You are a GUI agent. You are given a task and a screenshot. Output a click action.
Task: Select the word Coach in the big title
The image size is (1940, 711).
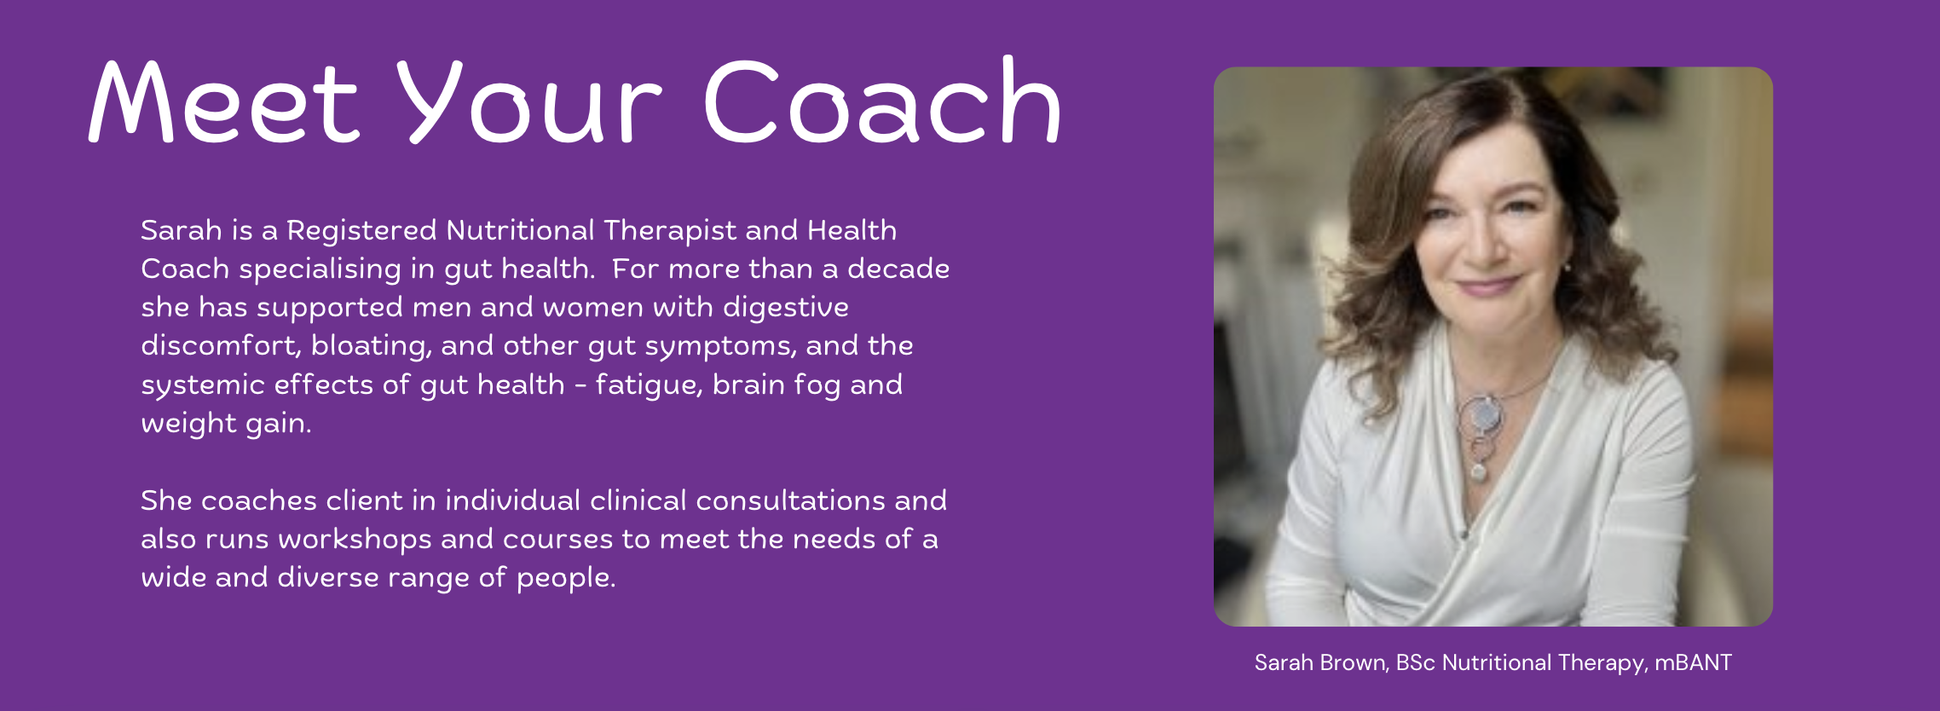click(882, 100)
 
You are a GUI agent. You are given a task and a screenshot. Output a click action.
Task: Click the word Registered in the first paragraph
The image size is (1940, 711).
click(361, 231)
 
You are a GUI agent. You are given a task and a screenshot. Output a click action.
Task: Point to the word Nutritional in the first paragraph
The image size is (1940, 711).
click(520, 230)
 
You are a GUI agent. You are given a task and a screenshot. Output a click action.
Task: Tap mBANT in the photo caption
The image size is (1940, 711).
click(1693, 662)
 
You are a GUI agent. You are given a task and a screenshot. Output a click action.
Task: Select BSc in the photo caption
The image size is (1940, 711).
click(1416, 662)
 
